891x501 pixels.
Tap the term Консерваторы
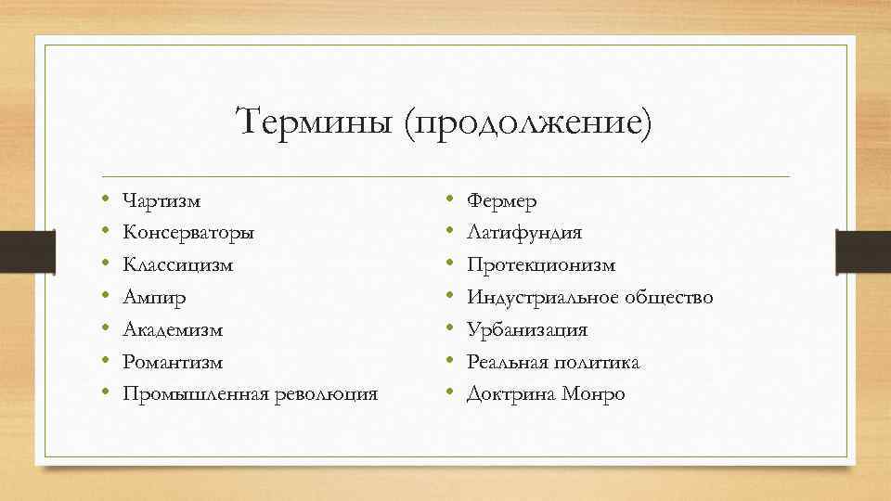(188, 233)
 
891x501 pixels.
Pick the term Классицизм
(178, 265)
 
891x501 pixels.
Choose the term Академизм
(173, 329)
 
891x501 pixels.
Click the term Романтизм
(173, 362)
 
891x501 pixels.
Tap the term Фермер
(501, 200)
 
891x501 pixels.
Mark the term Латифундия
(524, 233)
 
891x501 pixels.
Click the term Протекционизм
(541, 265)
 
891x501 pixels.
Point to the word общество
(667, 298)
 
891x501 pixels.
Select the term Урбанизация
(527, 329)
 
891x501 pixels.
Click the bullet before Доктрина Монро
(449, 394)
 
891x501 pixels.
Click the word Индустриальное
(540, 298)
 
